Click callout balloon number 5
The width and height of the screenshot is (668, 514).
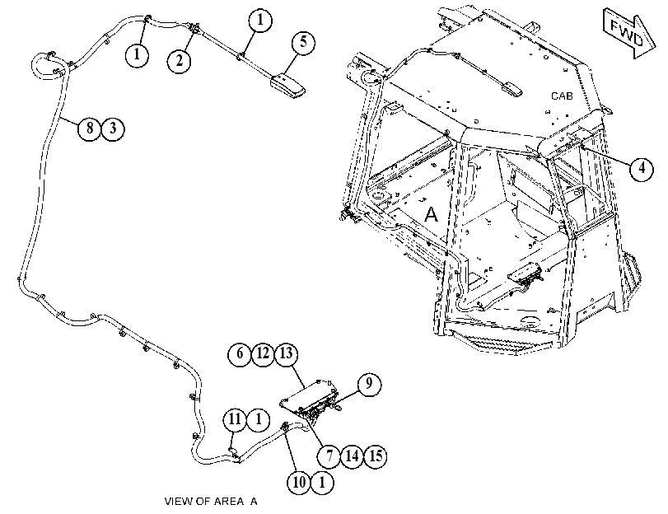(303, 42)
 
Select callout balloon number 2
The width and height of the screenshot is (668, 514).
(179, 61)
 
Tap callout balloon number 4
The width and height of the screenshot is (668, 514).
(642, 169)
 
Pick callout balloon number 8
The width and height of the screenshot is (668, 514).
(90, 128)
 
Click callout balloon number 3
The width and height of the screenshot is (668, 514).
(113, 128)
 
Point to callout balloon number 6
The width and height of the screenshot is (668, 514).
(240, 353)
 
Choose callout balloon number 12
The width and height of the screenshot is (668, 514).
(263, 353)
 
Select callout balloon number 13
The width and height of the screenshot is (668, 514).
(287, 353)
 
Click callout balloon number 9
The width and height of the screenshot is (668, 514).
(369, 384)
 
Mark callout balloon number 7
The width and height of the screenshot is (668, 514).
(329, 456)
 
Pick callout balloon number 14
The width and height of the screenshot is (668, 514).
(353, 456)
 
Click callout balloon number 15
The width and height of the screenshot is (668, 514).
(376, 456)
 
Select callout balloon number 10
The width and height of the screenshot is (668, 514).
(299, 483)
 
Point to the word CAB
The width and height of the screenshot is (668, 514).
(562, 96)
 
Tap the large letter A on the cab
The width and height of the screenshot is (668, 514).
(431, 215)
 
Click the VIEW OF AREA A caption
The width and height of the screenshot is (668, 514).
(211, 502)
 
